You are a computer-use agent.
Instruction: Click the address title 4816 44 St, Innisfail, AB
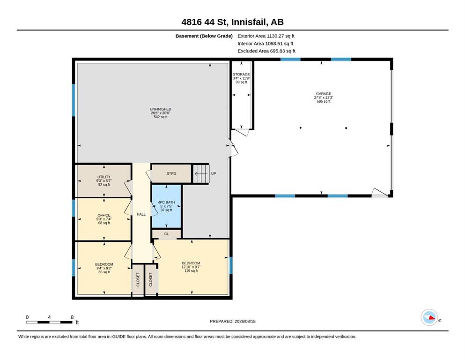point(232,22)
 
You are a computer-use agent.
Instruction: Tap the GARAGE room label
point(323,97)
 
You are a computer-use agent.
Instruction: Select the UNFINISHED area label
point(161,113)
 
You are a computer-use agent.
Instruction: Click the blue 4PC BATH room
point(166,206)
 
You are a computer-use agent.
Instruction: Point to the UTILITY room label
point(104,180)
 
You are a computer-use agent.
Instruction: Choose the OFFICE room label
point(104,219)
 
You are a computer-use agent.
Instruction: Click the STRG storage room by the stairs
point(171,173)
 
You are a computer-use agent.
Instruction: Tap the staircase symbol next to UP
point(201,173)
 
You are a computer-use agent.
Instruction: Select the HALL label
point(141,214)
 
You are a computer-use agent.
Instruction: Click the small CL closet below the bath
point(166,234)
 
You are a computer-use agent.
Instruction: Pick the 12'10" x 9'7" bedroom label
point(191,267)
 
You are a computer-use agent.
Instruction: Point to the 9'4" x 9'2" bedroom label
point(104,268)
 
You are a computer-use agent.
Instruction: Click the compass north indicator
point(429,317)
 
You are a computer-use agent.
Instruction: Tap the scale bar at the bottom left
point(49,322)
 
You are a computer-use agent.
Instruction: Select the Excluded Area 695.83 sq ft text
point(266,51)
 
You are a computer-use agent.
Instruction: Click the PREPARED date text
point(232,321)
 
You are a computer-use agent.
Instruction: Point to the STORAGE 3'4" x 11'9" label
point(241,78)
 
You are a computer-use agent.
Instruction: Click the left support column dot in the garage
point(301,128)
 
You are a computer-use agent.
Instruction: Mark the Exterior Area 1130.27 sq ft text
point(266,36)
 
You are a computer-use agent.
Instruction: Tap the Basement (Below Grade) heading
point(204,36)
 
